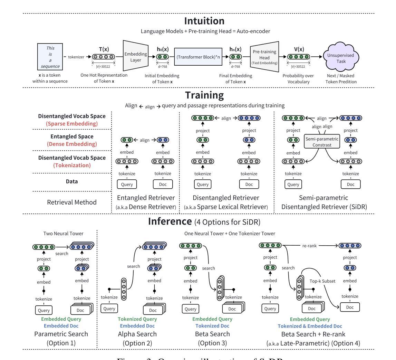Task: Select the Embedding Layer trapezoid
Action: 136,57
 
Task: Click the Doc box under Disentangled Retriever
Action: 249,184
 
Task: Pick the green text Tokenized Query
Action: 137,319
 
